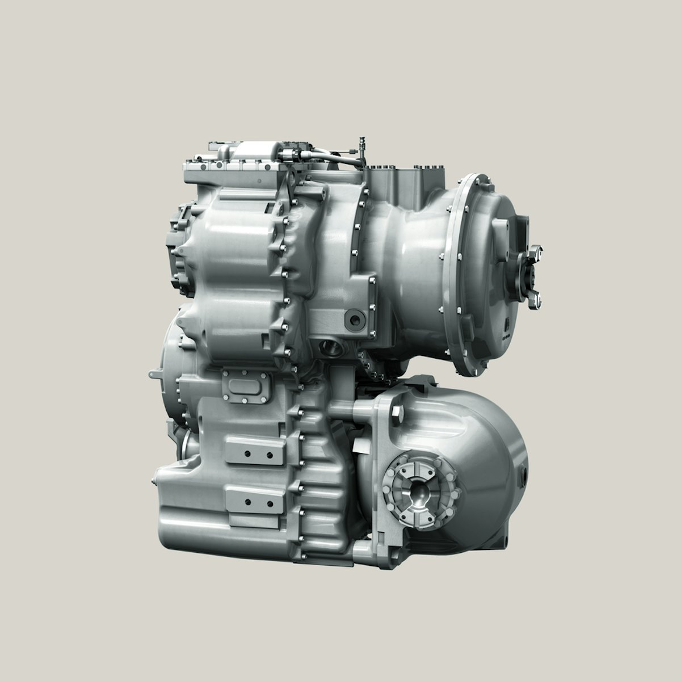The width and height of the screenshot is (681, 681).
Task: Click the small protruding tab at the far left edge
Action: pos(153,375)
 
